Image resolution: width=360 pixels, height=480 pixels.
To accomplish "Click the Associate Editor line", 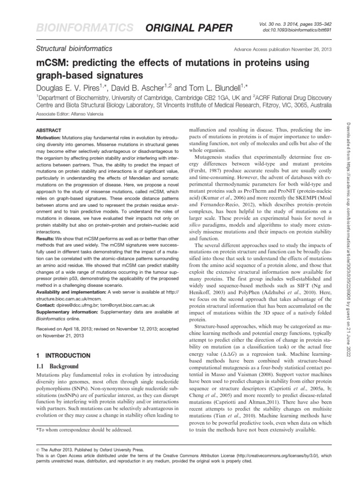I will click(66, 113).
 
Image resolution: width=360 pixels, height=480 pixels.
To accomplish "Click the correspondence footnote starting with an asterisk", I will click(84, 429).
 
